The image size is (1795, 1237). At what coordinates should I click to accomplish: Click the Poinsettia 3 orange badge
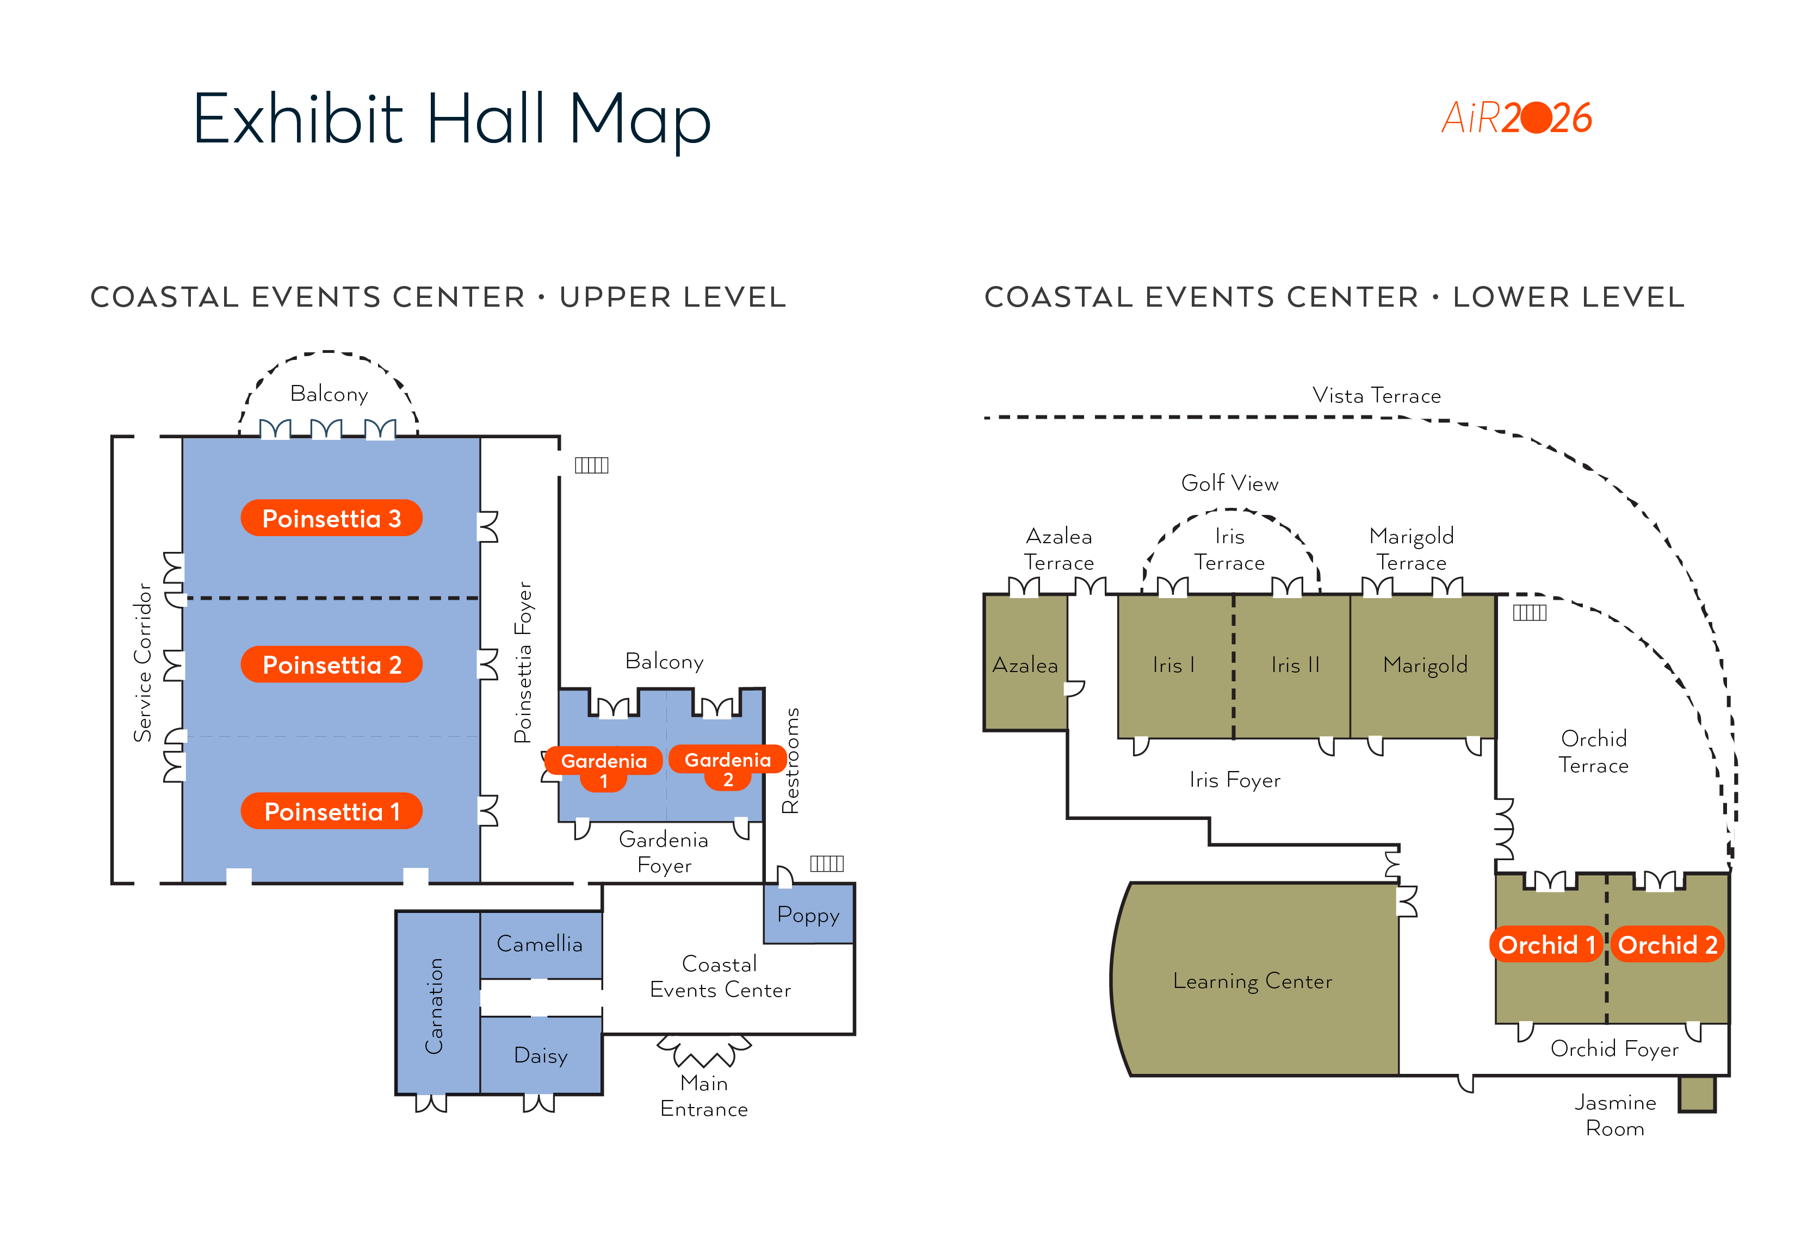pos(331,518)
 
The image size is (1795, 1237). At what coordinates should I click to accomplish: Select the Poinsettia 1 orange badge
pos(331,811)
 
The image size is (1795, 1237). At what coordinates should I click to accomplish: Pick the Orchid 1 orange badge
pos(1546,944)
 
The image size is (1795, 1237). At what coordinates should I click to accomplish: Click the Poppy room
pos(809,914)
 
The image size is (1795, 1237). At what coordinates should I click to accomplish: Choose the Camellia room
pos(541,944)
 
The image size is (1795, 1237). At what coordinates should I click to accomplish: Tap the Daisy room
pos(541,1055)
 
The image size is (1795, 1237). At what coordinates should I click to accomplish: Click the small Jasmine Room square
pos(1697,1093)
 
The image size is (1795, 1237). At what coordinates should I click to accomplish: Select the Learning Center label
pos(1252,981)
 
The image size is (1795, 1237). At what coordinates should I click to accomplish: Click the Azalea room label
pos(1025,665)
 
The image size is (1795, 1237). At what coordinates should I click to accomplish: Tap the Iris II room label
pos(1295,665)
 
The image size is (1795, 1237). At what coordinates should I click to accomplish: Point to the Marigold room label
pos(1425,665)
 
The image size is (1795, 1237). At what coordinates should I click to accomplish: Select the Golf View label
pos(1230,483)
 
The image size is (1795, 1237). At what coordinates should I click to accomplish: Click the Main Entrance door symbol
pos(704,1051)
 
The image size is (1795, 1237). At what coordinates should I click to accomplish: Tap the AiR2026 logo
pos(1517,118)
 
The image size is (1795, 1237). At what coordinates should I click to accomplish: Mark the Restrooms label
pos(790,760)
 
